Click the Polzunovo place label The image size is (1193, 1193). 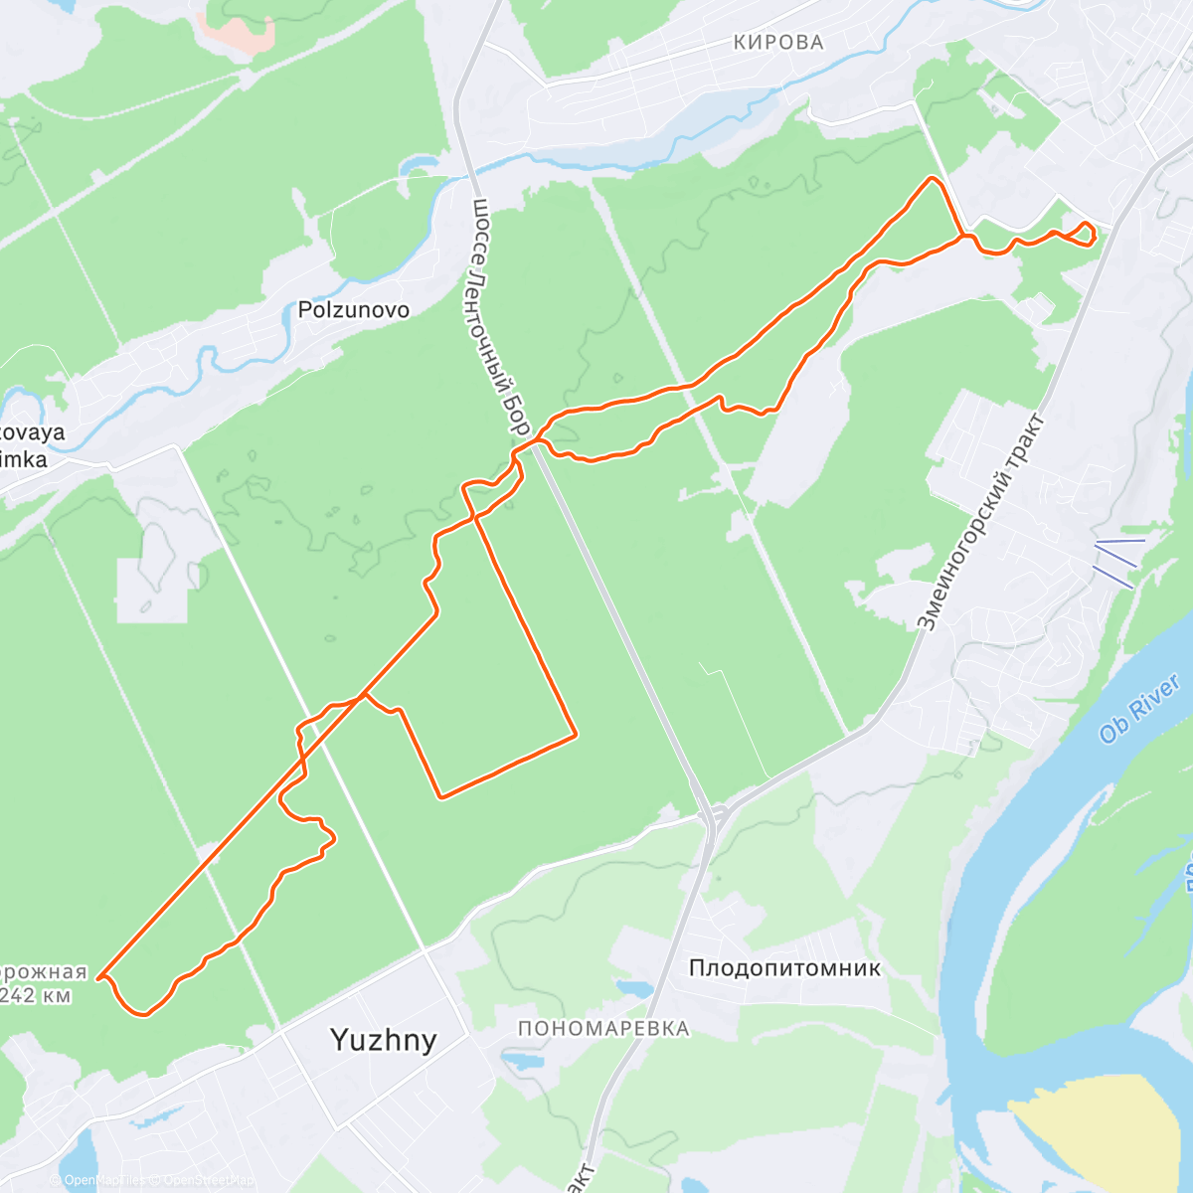click(x=354, y=310)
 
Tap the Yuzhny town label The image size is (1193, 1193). click(x=383, y=1040)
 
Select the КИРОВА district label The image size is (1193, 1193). click(x=778, y=42)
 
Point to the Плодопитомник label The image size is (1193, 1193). click(x=784, y=967)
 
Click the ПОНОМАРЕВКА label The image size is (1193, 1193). click(x=603, y=1028)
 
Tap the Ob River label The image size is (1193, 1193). click(x=1140, y=708)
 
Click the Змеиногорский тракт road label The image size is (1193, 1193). click(x=980, y=523)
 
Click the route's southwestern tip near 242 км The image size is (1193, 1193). click(x=100, y=977)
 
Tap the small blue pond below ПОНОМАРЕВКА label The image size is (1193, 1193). click(x=522, y=1061)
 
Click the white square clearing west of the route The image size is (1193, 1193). click(x=151, y=591)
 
